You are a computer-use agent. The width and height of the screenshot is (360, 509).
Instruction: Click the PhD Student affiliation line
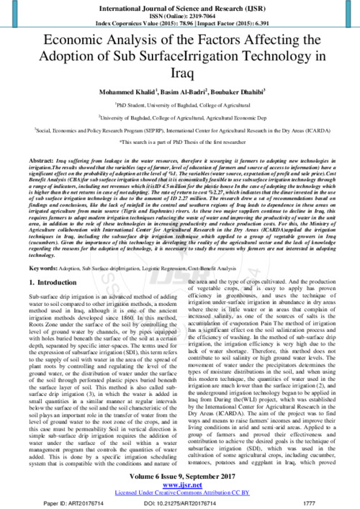pyautogui.click(x=179, y=105)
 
